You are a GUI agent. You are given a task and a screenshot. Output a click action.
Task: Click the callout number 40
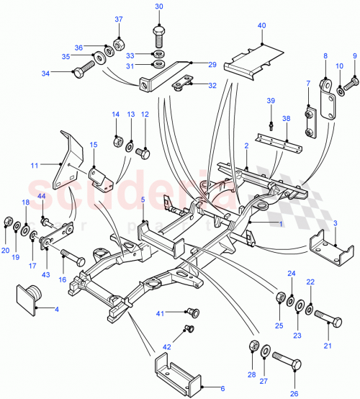pyautogui.click(x=262, y=26)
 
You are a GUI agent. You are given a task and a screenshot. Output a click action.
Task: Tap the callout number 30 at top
pyautogui.click(x=159, y=6)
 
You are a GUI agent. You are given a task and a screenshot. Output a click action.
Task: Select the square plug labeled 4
pyautogui.click(x=28, y=296)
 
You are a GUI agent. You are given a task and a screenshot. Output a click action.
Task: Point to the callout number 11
pyautogui.click(x=33, y=166)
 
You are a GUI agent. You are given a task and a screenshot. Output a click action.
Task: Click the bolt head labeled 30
pyautogui.click(x=159, y=33)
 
